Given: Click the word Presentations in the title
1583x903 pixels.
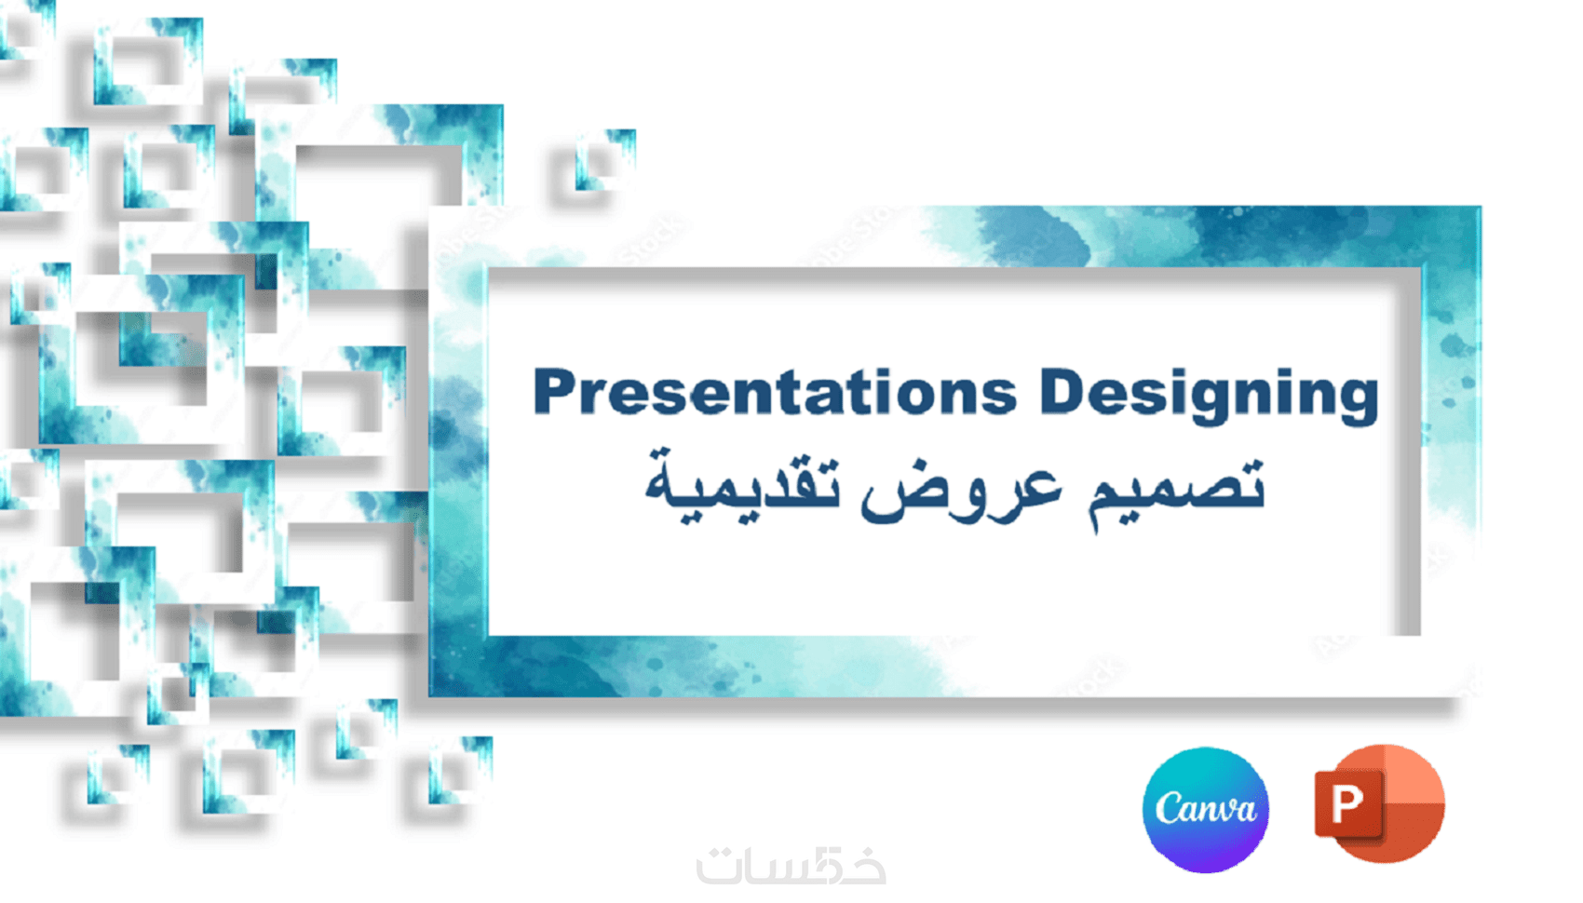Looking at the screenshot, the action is click(775, 391).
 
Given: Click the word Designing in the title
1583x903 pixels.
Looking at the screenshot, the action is click(1210, 396).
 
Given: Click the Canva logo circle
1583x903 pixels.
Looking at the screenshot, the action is click(1206, 810).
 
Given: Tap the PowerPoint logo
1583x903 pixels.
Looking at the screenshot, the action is click(1379, 804).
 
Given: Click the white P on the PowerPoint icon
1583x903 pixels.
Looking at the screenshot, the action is click(1347, 803).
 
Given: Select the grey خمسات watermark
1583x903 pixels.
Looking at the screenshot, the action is click(791, 865).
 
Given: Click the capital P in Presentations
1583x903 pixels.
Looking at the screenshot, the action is click(557, 391).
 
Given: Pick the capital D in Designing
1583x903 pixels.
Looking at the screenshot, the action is click(1062, 391).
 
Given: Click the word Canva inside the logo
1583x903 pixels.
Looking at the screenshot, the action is click(1206, 808).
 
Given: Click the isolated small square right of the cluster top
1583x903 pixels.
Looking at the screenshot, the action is click(605, 160).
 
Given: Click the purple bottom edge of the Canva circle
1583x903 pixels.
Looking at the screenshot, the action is click(1206, 867).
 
